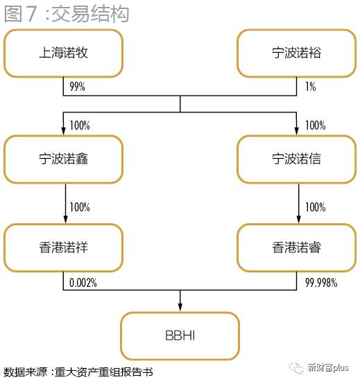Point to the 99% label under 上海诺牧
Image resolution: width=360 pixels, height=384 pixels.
[77, 87]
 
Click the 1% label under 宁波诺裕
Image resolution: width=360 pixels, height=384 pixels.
[310, 87]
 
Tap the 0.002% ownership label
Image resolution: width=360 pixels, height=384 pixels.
[83, 283]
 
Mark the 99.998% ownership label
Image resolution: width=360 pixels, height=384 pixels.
[321, 283]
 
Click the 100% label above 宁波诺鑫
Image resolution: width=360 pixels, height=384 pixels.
[80, 125]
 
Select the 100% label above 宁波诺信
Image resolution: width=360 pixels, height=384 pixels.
[315, 125]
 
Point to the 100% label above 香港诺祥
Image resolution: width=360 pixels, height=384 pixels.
[80, 207]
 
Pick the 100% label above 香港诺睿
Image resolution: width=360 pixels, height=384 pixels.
[315, 207]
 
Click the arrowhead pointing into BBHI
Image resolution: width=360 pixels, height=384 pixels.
[180, 307]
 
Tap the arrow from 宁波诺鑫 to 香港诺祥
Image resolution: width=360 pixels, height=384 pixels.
[65, 204]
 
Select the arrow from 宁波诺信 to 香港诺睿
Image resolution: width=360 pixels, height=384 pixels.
[298, 204]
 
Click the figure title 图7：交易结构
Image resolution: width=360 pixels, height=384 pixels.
[67, 14]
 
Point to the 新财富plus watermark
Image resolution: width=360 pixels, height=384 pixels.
[319, 367]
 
